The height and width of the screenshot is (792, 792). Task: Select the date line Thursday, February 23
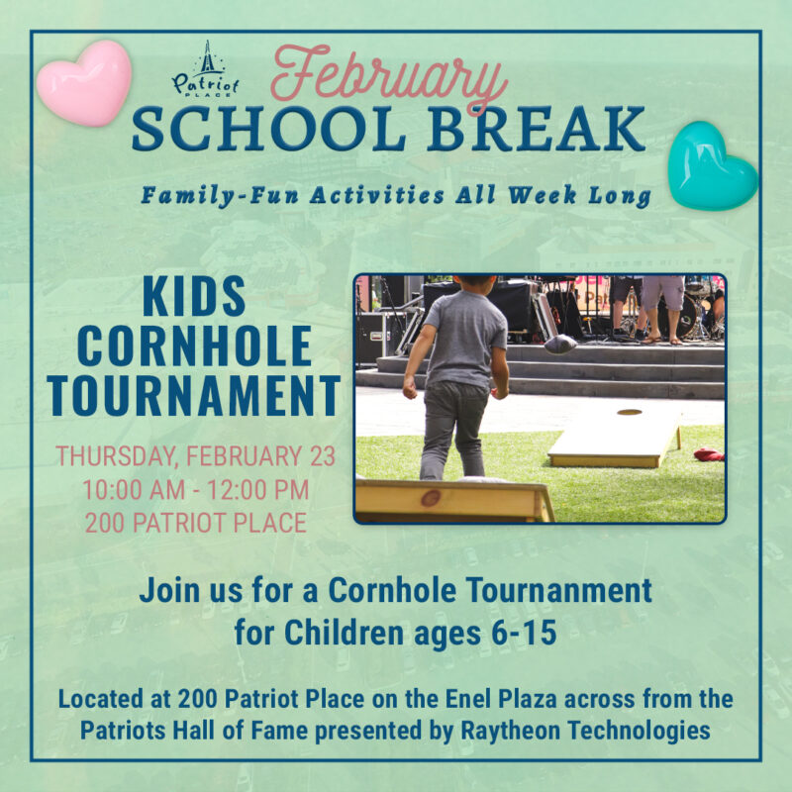[x=195, y=456]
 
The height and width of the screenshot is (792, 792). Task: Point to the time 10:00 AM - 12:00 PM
[x=196, y=489]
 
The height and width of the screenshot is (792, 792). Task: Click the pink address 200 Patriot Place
[x=196, y=521]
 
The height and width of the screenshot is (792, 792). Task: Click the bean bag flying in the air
[x=559, y=344]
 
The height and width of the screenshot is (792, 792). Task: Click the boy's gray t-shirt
[x=465, y=337]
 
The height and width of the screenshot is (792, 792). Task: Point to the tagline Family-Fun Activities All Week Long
[x=396, y=195]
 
